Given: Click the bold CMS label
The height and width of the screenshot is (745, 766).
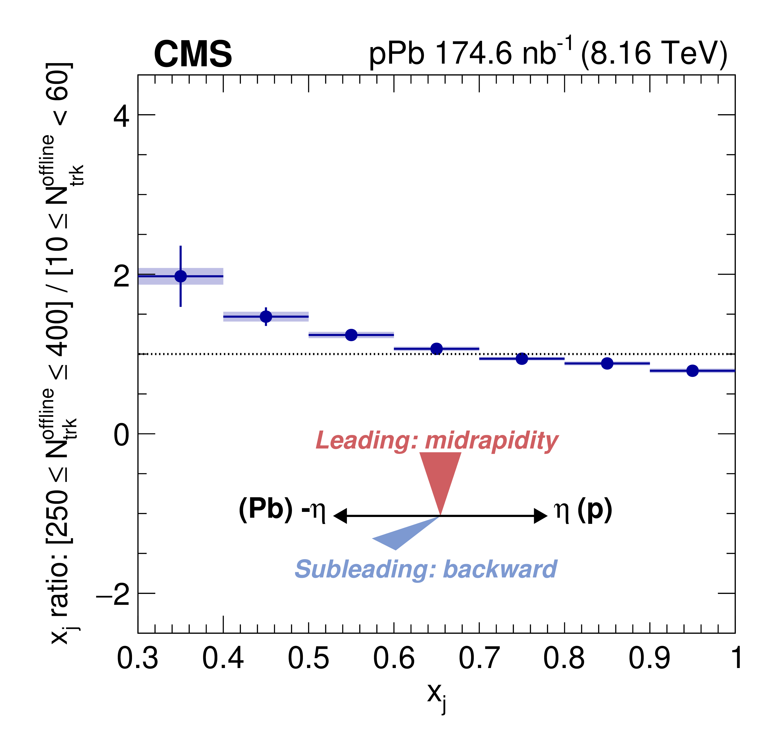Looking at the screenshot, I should pos(193,54).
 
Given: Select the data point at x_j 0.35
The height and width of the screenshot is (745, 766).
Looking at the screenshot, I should pos(181,276).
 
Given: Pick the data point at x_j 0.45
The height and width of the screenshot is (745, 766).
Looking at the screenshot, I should pos(266,317).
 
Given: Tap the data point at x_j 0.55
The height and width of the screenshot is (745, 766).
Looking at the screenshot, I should pos(351,335).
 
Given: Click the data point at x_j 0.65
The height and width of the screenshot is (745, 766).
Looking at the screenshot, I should pos(437,349).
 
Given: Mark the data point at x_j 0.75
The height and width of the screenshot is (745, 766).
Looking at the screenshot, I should pos(522,359).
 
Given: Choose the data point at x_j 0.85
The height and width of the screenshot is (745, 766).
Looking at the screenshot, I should pos(607,364).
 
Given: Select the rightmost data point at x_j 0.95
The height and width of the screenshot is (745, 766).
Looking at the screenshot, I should pos(692,371).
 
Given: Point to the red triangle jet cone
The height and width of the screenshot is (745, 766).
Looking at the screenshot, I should pos(440,475).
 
